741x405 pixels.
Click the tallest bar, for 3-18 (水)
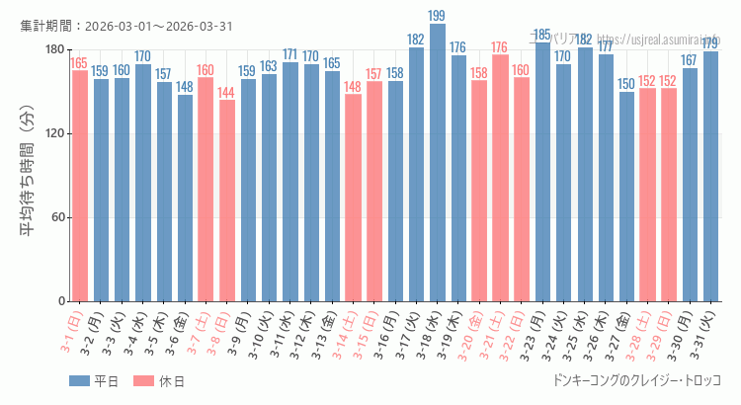(438, 163)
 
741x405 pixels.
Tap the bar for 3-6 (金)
(185, 198)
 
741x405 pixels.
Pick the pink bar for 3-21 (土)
(500, 178)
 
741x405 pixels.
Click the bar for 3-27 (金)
(626, 197)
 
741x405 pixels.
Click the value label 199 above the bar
(438, 16)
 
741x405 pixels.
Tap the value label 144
(227, 92)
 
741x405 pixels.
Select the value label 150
(626, 84)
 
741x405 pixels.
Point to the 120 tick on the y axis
(53, 134)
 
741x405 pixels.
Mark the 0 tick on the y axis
(60, 301)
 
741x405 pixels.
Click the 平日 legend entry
(94, 381)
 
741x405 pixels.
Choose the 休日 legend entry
(158, 381)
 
